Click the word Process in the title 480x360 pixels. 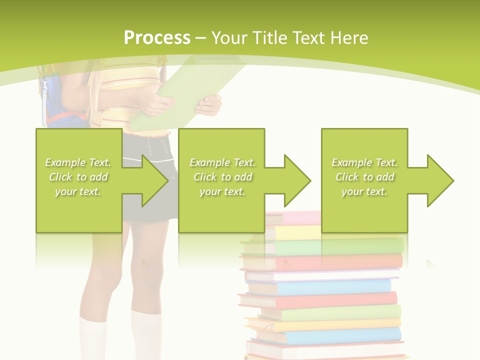(x=157, y=38)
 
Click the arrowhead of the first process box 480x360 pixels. (x=155, y=180)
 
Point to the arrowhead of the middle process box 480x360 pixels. (x=297, y=180)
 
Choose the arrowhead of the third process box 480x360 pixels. (x=440, y=180)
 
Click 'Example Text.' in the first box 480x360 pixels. (x=78, y=162)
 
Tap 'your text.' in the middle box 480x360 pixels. (x=222, y=191)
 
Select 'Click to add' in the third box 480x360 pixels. (x=364, y=177)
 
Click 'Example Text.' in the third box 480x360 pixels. (x=364, y=162)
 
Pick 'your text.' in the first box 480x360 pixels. (x=78, y=191)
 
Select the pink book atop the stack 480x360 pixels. (x=295, y=218)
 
